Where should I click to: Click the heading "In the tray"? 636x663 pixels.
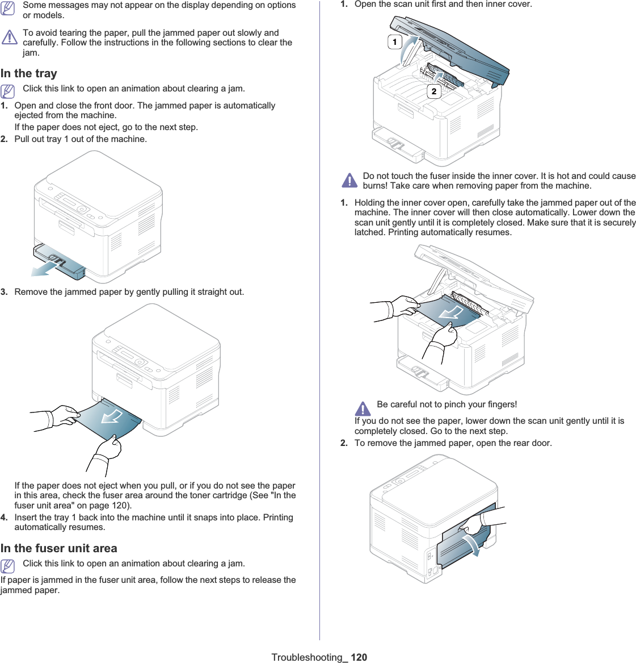tap(29, 73)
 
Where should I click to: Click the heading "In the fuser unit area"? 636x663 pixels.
tap(59, 548)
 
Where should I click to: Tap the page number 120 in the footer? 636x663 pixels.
tap(359, 657)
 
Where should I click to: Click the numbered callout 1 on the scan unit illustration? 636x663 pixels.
tap(395, 42)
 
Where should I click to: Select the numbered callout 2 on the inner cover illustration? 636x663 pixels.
tap(434, 91)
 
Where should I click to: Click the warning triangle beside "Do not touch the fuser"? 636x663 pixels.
tap(350, 181)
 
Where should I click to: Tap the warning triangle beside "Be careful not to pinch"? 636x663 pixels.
tap(363, 408)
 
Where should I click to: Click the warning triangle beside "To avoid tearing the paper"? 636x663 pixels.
tap(10, 37)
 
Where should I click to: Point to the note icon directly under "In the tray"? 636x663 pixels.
tap(8, 90)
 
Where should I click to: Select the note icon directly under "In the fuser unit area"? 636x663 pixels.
tap(8, 565)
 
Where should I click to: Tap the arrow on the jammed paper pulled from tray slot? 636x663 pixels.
tap(112, 418)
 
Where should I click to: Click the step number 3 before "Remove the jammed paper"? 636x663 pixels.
tap(4, 292)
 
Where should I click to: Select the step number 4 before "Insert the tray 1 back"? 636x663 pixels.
tap(4, 518)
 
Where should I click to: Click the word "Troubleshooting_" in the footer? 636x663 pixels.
tap(309, 657)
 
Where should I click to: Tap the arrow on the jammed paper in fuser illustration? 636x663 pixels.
tap(452, 312)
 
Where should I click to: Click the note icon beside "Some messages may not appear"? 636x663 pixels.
tap(8, 9)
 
